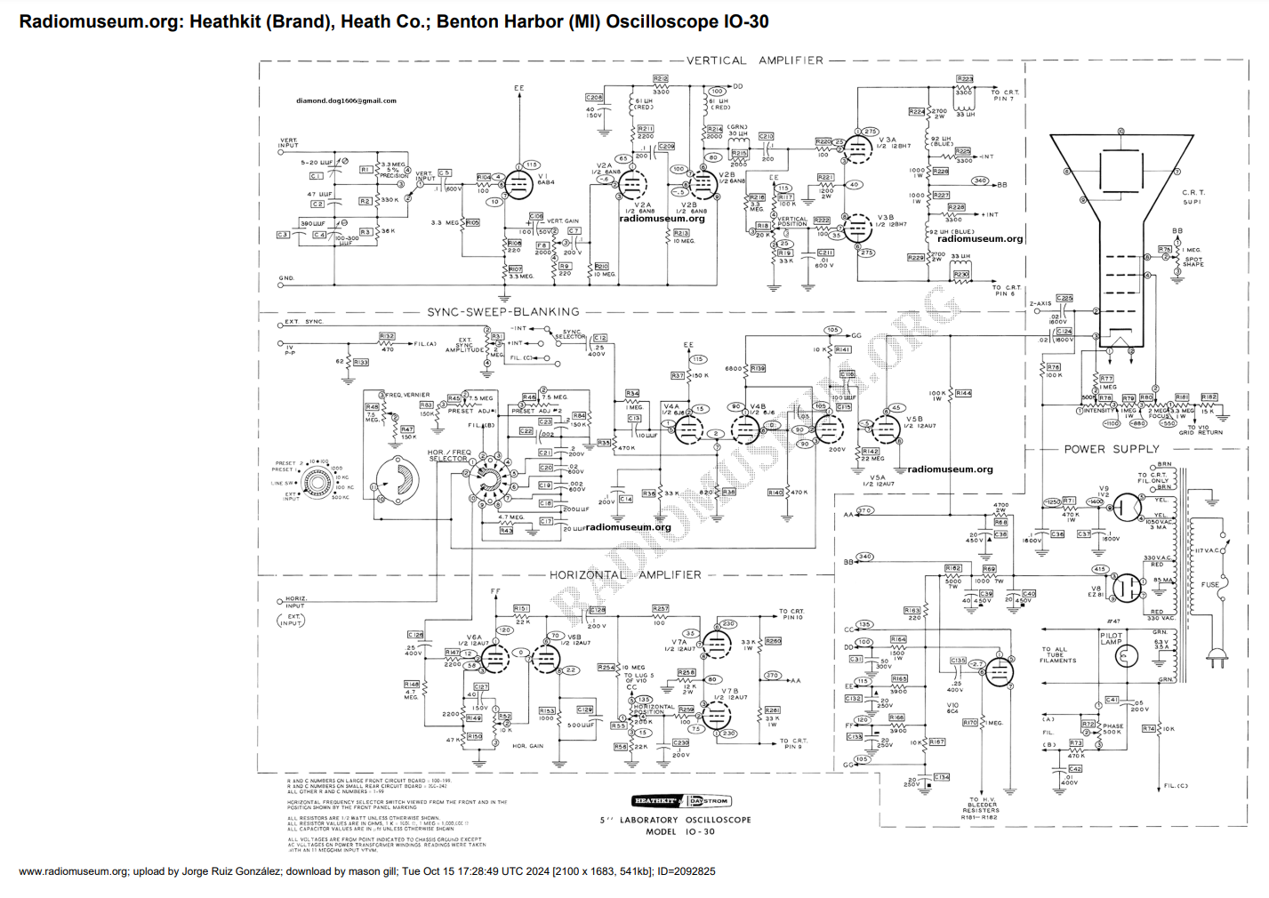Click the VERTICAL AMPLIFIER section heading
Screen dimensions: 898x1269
(x=754, y=60)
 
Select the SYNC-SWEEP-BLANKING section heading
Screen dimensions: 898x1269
(x=502, y=312)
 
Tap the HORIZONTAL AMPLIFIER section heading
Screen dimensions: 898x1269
(x=624, y=575)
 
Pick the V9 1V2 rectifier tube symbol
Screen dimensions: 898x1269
(x=1127, y=508)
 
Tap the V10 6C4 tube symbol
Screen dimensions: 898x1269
(x=999, y=672)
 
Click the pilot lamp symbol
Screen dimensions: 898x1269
(x=1127, y=657)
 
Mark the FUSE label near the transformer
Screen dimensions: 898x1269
(x=1210, y=585)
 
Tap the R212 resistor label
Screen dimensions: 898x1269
(x=660, y=79)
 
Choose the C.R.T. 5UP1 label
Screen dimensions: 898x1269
(x=1193, y=197)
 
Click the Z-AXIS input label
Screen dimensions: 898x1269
(x=1040, y=304)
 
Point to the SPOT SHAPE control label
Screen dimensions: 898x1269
(x=1193, y=262)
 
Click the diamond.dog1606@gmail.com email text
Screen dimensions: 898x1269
(x=346, y=100)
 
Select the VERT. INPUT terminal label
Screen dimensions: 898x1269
(x=289, y=142)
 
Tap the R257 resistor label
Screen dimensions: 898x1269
(x=660, y=609)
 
